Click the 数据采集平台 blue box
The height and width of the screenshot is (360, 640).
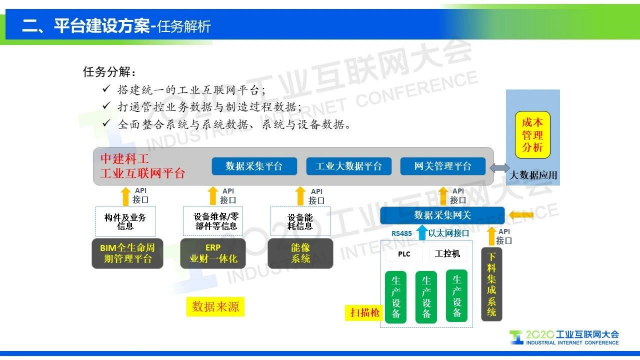pos(254,166)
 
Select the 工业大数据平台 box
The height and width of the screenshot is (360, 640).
pos(348,166)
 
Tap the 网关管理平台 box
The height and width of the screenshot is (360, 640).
pos(442,166)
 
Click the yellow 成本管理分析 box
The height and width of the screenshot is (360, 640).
pos(532,135)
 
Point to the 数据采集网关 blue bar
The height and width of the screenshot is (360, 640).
pos(442,216)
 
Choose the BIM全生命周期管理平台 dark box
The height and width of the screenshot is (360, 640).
pos(127,253)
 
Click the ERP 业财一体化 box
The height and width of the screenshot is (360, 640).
pos(213,253)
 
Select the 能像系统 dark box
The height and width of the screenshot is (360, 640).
pos(300,253)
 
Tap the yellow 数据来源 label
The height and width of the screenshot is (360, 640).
pos(215,307)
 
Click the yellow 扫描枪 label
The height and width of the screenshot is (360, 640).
pos(365,312)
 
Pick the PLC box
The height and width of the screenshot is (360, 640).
pos(404,254)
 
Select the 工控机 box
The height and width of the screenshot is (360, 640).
pos(447,253)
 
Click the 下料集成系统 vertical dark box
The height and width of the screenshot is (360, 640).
pos(492,285)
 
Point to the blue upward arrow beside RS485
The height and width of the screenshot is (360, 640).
pos(422,232)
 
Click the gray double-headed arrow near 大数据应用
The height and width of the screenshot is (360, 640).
pos(499,168)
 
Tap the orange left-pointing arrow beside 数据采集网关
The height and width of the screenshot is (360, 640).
pos(521,215)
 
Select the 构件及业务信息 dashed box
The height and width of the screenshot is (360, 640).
pos(125,222)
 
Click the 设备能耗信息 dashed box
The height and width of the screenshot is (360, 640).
pos(300,222)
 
